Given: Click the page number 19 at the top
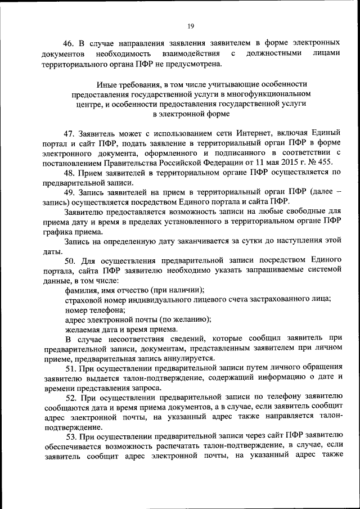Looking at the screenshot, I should [x=190, y=26].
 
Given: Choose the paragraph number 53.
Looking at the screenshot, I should [x=70, y=437].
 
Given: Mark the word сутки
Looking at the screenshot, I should [x=237, y=241].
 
